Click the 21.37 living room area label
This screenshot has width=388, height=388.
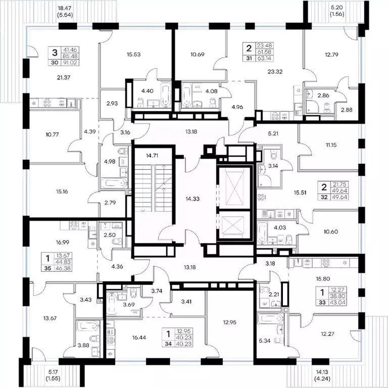click(64, 77)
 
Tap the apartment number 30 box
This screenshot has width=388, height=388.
click(55, 63)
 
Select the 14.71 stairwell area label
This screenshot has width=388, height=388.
click(152, 156)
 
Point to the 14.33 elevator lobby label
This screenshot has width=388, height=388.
click(192, 199)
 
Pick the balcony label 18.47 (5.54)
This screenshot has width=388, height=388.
click(65, 12)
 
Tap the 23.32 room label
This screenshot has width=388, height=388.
click(275, 72)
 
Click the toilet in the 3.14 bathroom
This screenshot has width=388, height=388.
click(274, 155)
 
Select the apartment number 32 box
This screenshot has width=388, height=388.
click(324, 197)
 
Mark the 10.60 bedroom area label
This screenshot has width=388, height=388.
click(331, 231)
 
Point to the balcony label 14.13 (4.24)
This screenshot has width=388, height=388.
click(323, 375)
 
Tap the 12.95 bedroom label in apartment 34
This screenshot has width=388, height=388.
click(229, 322)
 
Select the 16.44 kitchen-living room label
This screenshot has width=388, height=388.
click(139, 337)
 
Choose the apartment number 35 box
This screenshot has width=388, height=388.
click(47, 268)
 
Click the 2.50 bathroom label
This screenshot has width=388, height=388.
click(110, 235)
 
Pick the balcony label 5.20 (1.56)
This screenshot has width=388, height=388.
click(337, 11)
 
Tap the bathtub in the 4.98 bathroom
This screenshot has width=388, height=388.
click(114, 183)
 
